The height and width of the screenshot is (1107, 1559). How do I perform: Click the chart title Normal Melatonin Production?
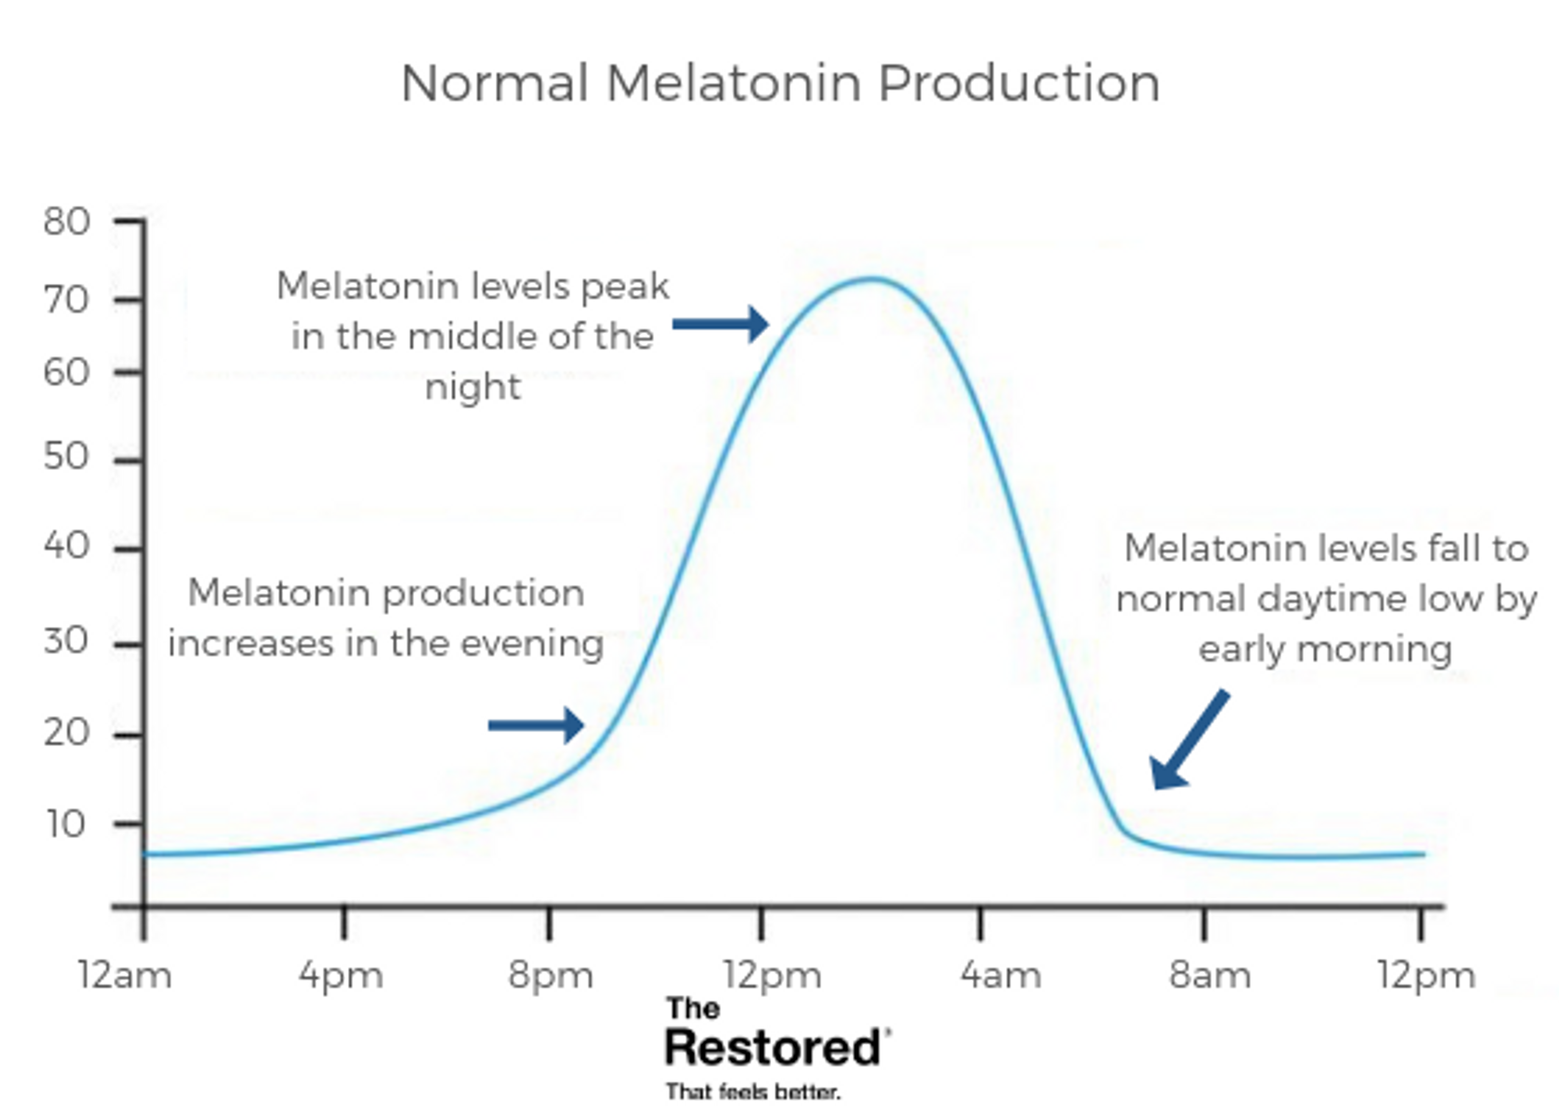[780, 83]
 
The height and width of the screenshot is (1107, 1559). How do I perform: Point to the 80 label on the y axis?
[66, 221]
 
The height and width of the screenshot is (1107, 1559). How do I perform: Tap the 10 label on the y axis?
[66, 823]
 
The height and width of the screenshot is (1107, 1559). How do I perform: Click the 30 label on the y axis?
[66, 641]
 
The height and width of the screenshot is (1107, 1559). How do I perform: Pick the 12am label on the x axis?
[125, 975]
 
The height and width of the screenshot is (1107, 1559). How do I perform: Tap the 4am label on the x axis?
[1001, 975]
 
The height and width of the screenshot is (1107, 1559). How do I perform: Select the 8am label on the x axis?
[1210, 975]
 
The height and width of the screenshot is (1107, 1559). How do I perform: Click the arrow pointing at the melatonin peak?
[721, 324]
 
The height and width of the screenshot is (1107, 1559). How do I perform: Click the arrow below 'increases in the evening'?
[536, 725]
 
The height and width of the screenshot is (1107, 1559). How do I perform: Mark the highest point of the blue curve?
[872, 278]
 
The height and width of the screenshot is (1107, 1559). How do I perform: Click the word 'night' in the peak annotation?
[473, 388]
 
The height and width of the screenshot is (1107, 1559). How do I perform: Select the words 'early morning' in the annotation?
[1325, 650]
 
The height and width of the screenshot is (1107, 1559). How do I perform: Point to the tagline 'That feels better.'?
[753, 1091]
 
